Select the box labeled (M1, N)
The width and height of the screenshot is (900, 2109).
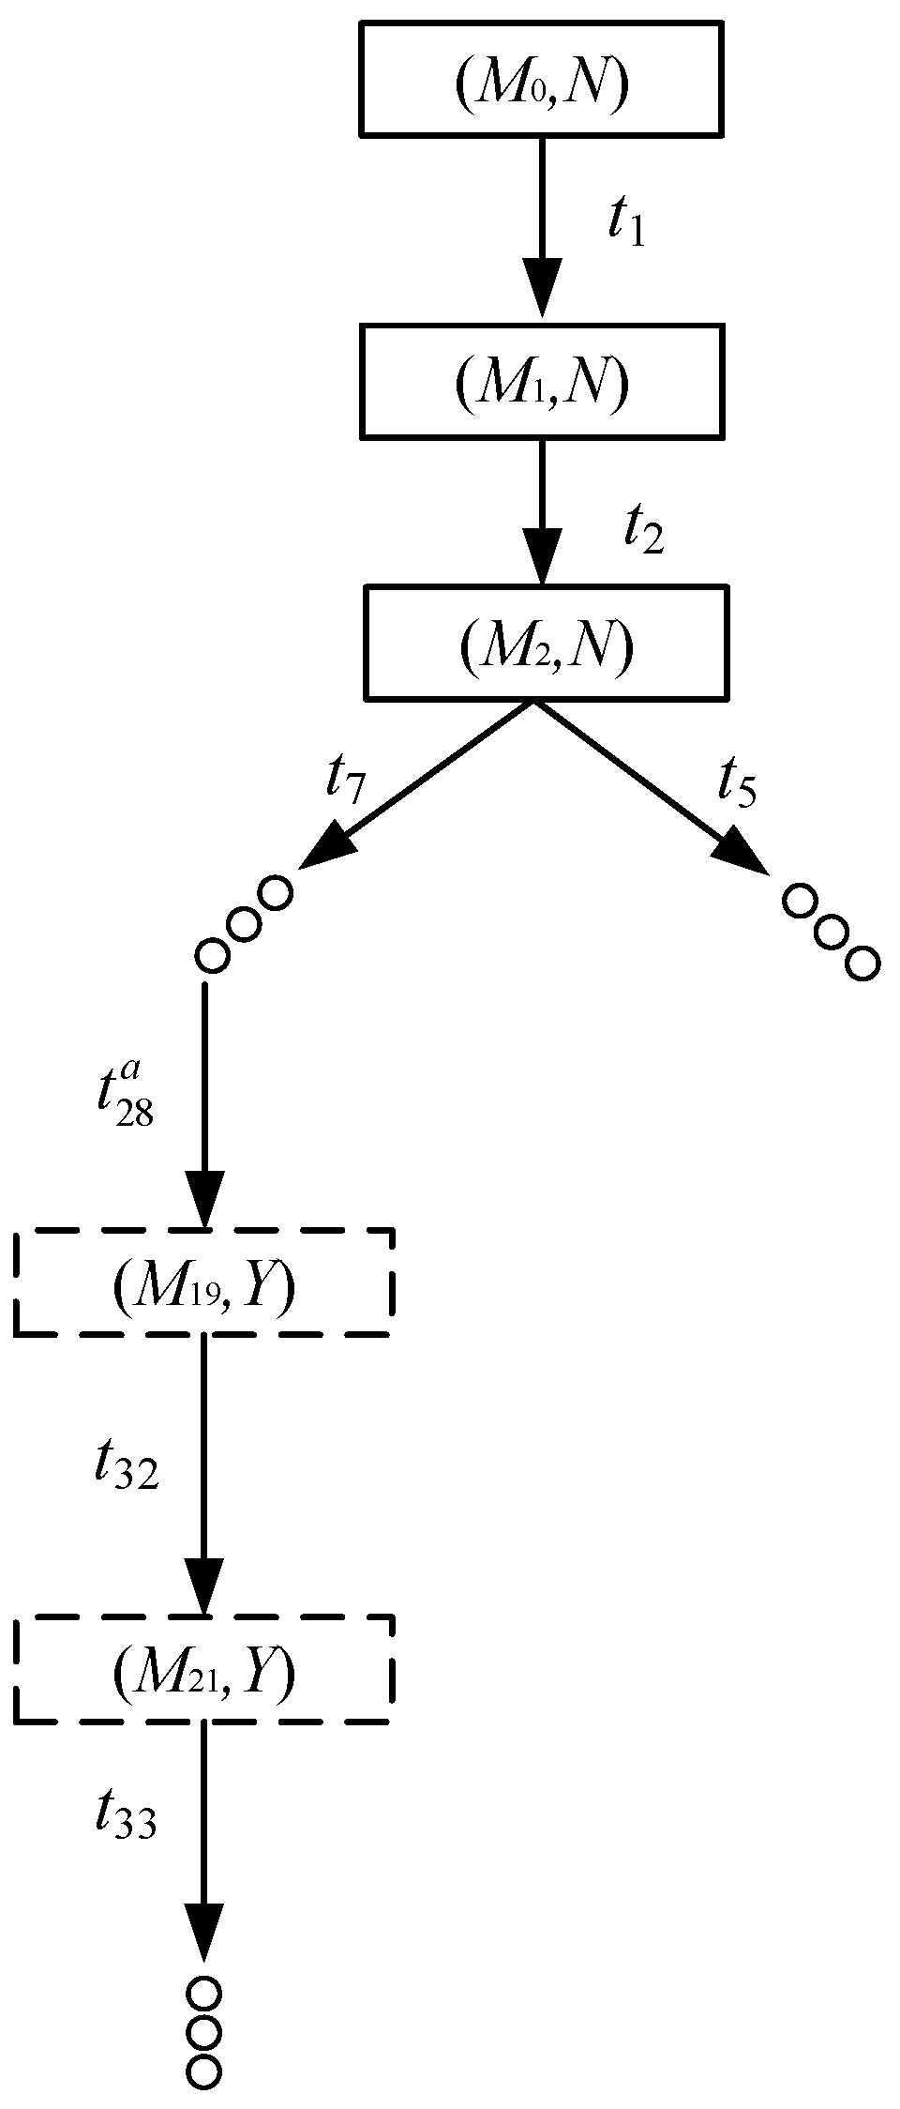541,381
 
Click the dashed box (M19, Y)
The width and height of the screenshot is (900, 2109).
202,1282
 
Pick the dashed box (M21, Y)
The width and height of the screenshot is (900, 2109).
202,1670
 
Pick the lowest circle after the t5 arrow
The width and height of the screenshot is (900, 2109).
862,963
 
